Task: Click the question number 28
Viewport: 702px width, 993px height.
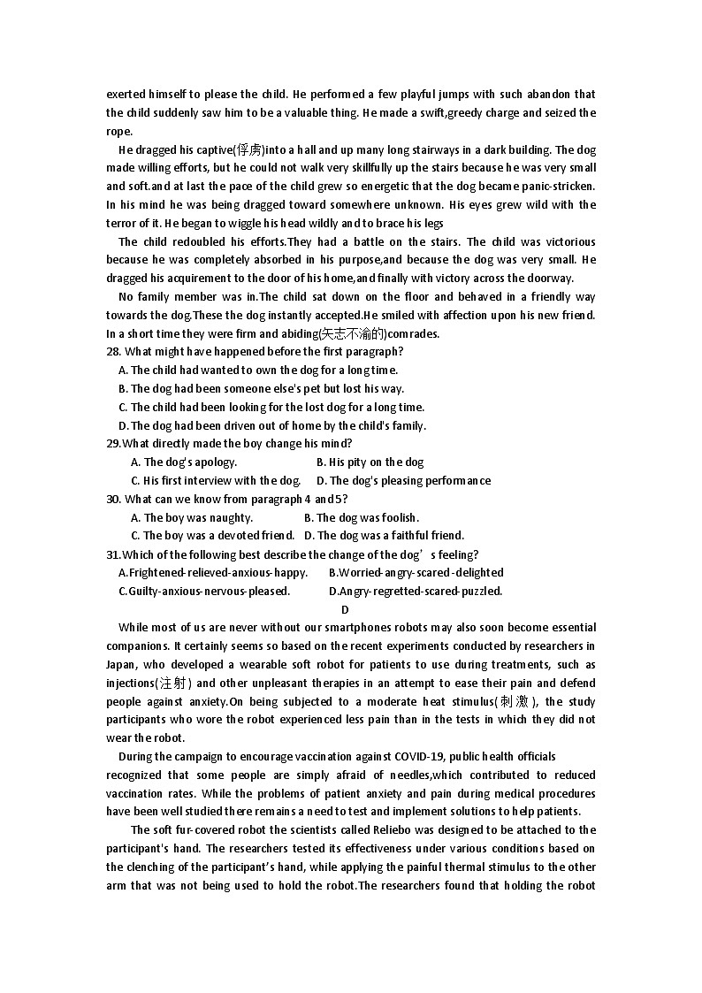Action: tap(113, 351)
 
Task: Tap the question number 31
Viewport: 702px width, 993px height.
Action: tap(113, 554)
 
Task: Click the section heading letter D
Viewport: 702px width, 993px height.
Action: tap(345, 609)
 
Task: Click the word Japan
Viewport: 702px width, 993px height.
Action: tap(121, 664)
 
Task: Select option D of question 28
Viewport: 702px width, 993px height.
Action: tap(272, 425)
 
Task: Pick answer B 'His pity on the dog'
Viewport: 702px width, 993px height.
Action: tap(370, 462)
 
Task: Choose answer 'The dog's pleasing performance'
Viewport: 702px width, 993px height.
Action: tap(403, 480)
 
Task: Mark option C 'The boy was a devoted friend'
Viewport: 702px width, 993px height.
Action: tap(212, 535)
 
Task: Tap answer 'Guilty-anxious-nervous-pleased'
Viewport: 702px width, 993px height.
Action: tap(203, 591)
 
